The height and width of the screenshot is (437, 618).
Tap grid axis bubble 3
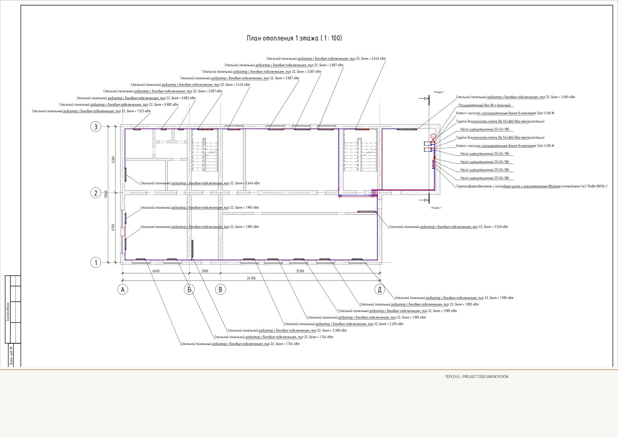[96, 127]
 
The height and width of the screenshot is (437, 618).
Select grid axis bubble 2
[96, 193]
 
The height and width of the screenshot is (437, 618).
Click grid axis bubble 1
[96, 263]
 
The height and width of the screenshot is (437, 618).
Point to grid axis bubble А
[123, 290]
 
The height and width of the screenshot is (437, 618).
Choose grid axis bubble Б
[189, 290]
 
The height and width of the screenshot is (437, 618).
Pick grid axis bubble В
[220, 290]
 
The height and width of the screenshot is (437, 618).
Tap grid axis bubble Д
[379, 290]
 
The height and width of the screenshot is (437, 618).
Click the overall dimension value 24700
[251, 278]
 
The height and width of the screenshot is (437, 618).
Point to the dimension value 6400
[156, 271]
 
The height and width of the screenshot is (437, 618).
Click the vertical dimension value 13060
[106, 195]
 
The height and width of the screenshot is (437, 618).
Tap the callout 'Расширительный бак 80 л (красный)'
[485, 105]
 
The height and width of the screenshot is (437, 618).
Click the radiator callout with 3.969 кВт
[516, 97]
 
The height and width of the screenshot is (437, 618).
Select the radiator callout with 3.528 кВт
[448, 227]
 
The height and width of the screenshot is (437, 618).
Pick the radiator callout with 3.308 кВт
[287, 331]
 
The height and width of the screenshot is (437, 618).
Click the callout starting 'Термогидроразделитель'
[532, 186]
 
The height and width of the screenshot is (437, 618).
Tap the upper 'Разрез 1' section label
[439, 92]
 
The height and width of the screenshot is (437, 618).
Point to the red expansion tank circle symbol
[433, 136]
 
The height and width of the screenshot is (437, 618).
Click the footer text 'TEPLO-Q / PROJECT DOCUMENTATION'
[477, 377]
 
